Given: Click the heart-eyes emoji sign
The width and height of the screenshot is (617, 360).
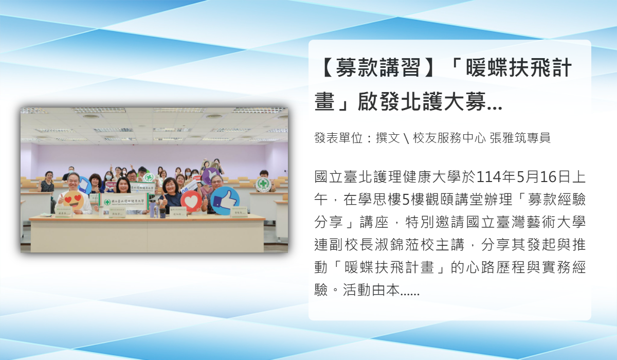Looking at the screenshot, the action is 74,200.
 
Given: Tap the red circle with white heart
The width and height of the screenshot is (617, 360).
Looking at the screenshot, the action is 191,201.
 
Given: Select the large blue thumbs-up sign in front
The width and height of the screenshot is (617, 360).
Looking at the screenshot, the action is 225,201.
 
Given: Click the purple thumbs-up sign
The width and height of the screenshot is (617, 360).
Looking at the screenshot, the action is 211,176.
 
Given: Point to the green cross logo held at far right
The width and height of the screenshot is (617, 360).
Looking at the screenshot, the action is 263,184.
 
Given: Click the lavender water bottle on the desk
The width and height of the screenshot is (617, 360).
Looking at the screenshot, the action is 152,209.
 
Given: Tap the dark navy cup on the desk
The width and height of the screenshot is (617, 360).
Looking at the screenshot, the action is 162,213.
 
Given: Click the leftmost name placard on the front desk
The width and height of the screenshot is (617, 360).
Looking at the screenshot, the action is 63,211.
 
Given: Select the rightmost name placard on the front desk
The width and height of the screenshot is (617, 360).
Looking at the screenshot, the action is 239,212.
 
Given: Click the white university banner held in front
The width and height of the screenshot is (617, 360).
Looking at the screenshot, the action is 124,202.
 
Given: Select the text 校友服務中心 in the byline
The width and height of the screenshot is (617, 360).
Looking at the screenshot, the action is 449,138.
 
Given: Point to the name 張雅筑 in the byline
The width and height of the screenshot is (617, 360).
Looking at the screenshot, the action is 507,138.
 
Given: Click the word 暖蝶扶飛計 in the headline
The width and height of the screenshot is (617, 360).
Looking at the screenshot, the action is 519,67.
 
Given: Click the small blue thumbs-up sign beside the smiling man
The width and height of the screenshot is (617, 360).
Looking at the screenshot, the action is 84,185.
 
